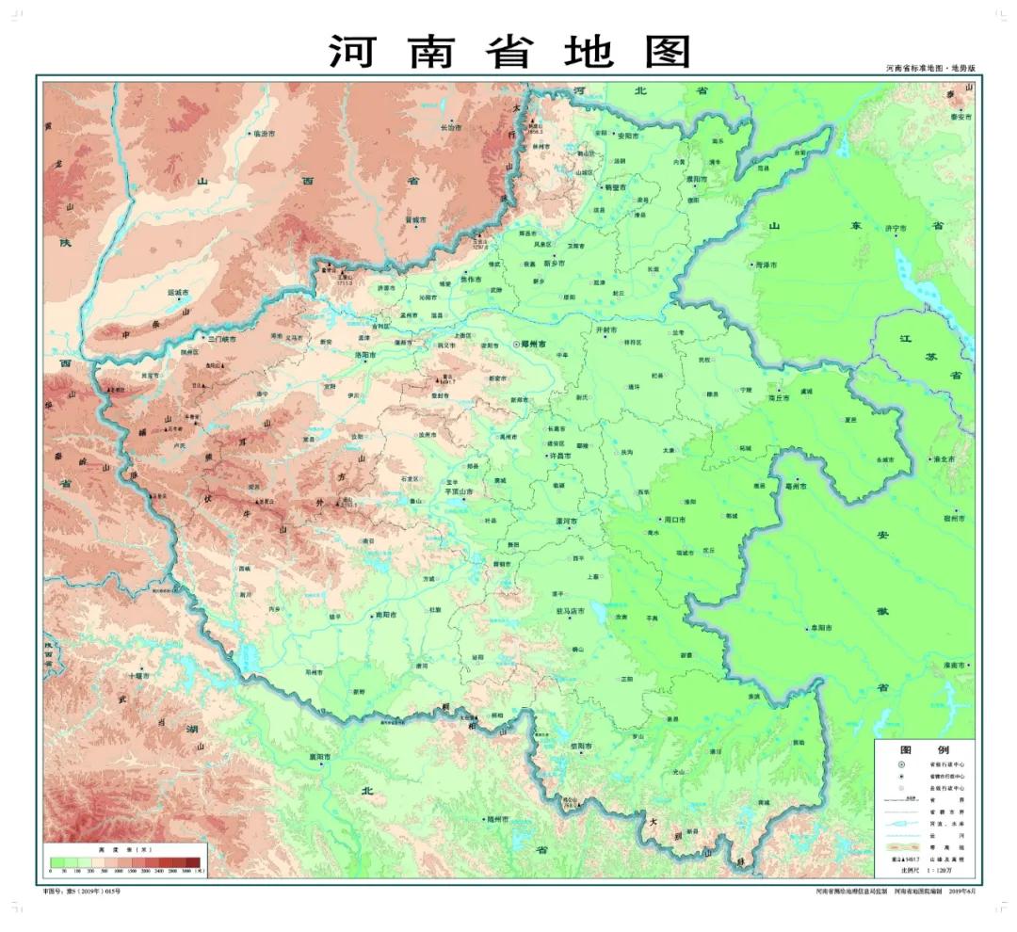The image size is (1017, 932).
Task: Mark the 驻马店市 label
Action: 571,611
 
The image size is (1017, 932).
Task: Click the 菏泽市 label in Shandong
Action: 767,265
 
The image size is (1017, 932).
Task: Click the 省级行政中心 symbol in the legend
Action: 900,764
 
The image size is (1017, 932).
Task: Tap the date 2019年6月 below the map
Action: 964,890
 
